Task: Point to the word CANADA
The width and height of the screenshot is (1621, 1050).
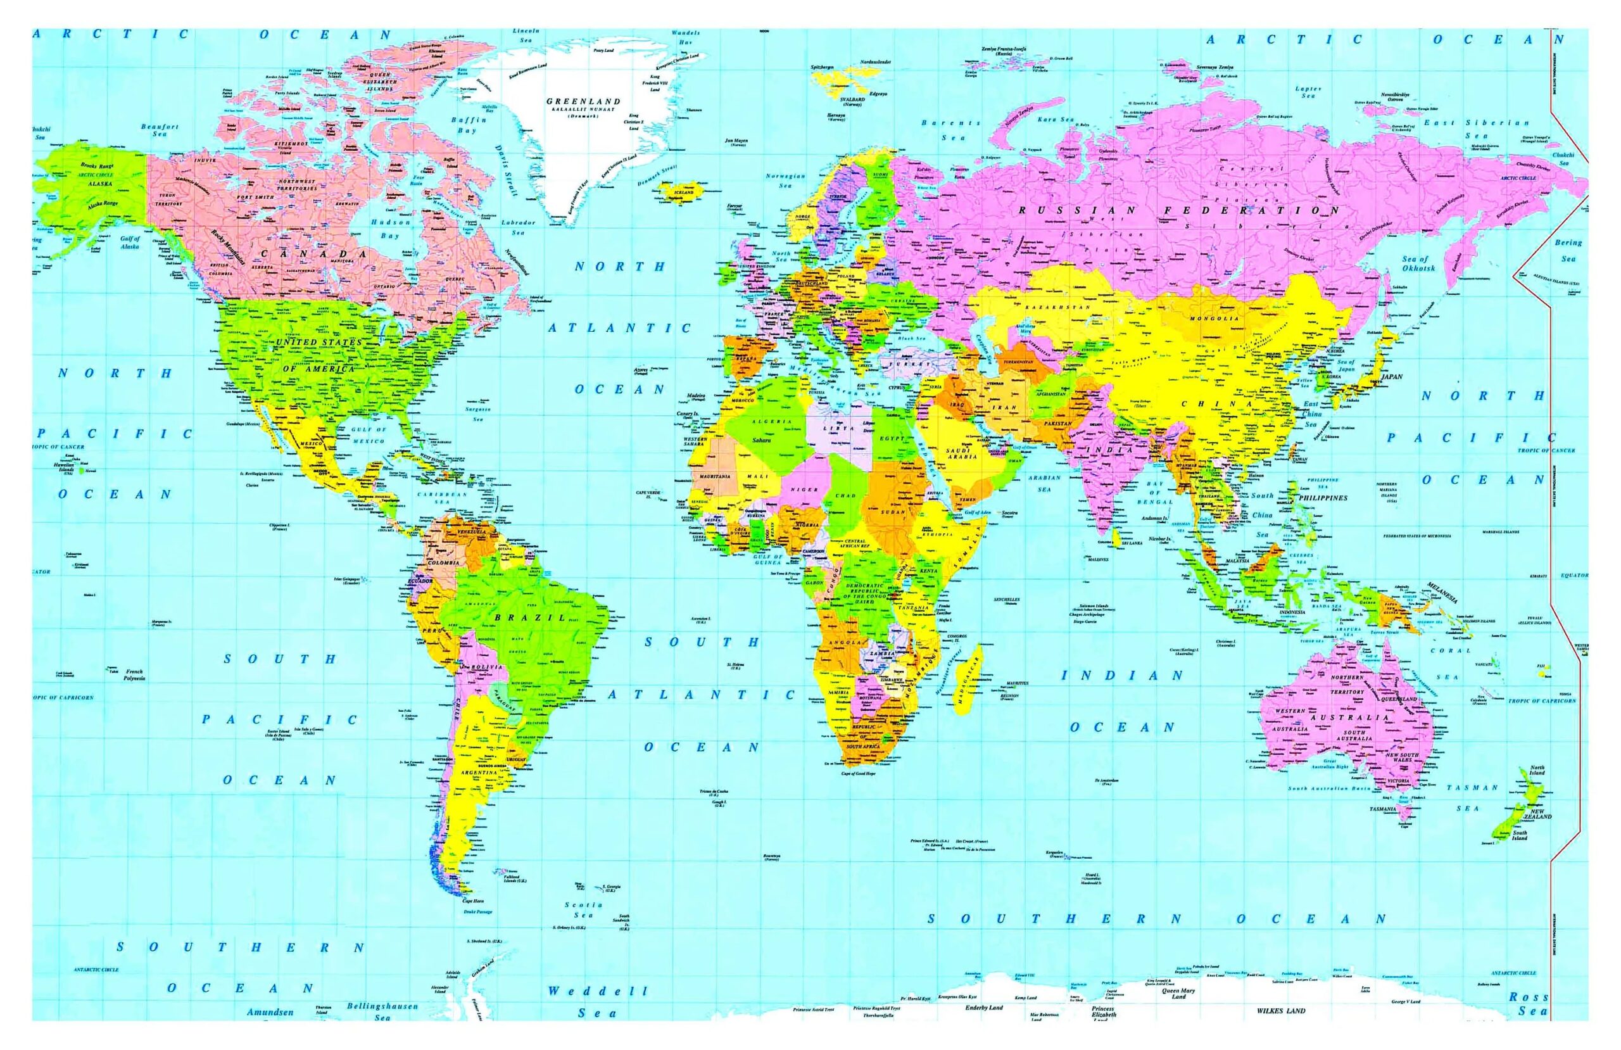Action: (x=313, y=253)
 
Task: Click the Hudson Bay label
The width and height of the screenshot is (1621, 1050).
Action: (x=390, y=228)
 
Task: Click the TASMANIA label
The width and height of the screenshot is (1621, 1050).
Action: (x=1389, y=809)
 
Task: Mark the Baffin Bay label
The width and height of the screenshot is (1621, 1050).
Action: (x=469, y=125)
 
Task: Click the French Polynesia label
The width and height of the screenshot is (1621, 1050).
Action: (x=134, y=674)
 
